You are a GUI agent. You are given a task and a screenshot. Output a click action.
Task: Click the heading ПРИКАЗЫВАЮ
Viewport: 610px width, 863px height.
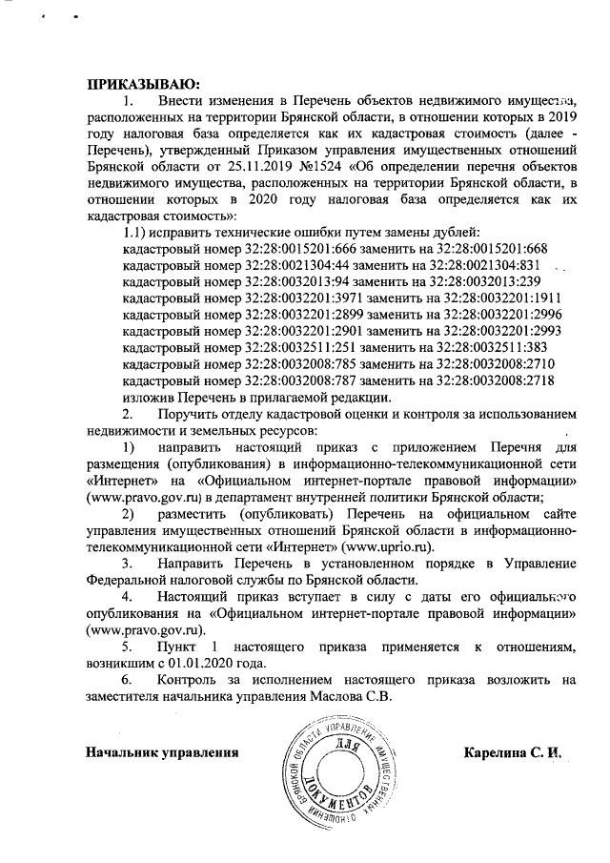coord(137,83)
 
